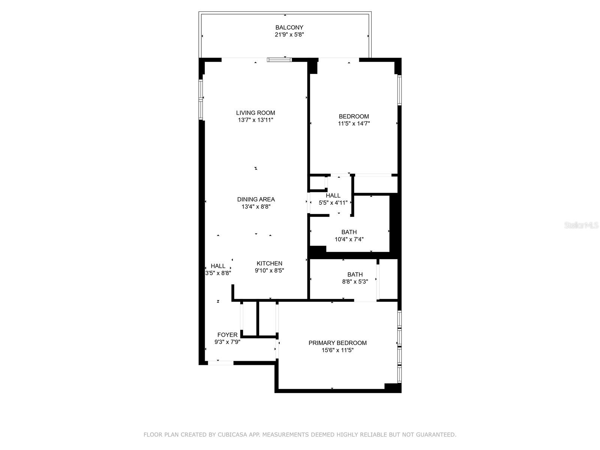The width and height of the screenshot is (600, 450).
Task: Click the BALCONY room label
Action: [x=289, y=28]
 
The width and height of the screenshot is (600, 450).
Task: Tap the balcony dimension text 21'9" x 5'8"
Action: [x=289, y=35]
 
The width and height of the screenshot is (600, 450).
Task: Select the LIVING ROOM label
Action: [x=256, y=113]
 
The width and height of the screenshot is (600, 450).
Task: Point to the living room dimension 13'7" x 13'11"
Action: [x=256, y=120]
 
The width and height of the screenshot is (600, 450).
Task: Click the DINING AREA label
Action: [x=256, y=199]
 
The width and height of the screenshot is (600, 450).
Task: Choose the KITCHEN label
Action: [x=270, y=263]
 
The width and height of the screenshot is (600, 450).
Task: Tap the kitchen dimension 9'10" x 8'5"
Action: [x=270, y=270]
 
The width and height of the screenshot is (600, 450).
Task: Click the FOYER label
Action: [x=227, y=335]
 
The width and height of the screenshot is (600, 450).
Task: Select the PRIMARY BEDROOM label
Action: [x=337, y=343]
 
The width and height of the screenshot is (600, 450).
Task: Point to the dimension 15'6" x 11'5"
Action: [x=337, y=350]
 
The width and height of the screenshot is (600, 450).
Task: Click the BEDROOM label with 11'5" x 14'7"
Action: [x=354, y=116]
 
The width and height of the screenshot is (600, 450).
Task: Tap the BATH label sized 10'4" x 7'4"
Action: [x=349, y=232]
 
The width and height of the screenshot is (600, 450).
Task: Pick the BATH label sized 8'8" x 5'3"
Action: [x=355, y=274]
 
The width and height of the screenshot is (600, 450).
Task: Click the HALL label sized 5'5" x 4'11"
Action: [x=333, y=196]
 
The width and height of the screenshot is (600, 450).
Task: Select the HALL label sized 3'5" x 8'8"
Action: [x=218, y=266]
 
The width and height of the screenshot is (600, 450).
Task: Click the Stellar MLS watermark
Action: [x=581, y=225]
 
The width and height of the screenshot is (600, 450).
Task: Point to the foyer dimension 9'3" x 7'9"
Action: [x=227, y=342]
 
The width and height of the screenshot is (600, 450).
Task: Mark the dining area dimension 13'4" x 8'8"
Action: [x=256, y=207]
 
